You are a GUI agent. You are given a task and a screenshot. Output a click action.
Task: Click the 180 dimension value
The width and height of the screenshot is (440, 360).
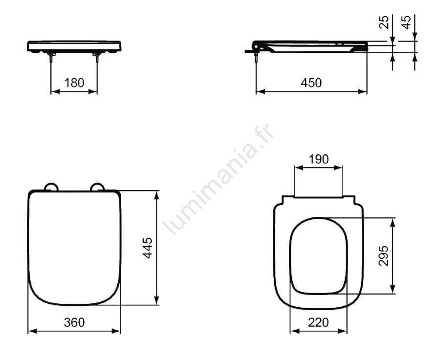[74, 83]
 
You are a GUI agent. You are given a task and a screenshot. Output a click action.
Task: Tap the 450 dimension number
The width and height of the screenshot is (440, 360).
[311, 83]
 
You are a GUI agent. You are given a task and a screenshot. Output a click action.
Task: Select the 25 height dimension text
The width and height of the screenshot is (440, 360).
[384, 22]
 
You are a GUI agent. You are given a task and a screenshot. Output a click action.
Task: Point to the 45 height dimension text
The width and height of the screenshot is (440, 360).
[406, 22]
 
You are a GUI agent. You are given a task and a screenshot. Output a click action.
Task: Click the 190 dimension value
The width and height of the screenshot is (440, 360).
[318, 159]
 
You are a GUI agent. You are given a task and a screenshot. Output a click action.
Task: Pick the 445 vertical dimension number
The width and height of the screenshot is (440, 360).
[148, 248]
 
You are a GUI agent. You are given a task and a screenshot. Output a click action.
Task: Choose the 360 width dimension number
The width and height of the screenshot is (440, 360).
[74, 322]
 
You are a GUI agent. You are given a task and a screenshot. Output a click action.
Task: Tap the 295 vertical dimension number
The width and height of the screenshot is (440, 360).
[384, 255]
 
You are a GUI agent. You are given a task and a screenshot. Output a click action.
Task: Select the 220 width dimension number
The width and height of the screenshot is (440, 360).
[318, 322]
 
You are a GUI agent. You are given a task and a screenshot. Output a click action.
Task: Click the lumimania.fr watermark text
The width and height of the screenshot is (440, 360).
[219, 179]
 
